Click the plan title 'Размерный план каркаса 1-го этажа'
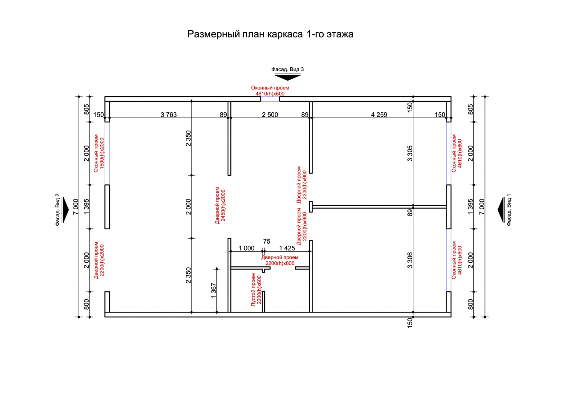pos(270,34)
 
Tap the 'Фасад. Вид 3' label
pos(287,69)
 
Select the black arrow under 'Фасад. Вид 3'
pos(287,77)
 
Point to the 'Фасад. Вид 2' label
pos(57,210)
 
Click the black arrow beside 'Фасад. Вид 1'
pos(501,210)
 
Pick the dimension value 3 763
pos(169,115)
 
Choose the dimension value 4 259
pos(379,115)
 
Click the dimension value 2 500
pos(270,115)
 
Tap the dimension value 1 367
pos(213,291)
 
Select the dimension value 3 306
pos(410,260)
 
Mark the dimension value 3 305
pos(410,154)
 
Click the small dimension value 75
pos(267,241)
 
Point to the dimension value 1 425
pos(287,248)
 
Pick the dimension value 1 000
pos(246,248)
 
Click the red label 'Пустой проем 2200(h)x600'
pos(256,290)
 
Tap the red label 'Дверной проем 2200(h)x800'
pos(280,260)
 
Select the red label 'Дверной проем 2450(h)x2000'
pos(220,205)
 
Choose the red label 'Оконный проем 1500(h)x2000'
pos(99,153)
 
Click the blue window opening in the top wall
pos(270,99)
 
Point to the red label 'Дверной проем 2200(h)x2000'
pos(99,260)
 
